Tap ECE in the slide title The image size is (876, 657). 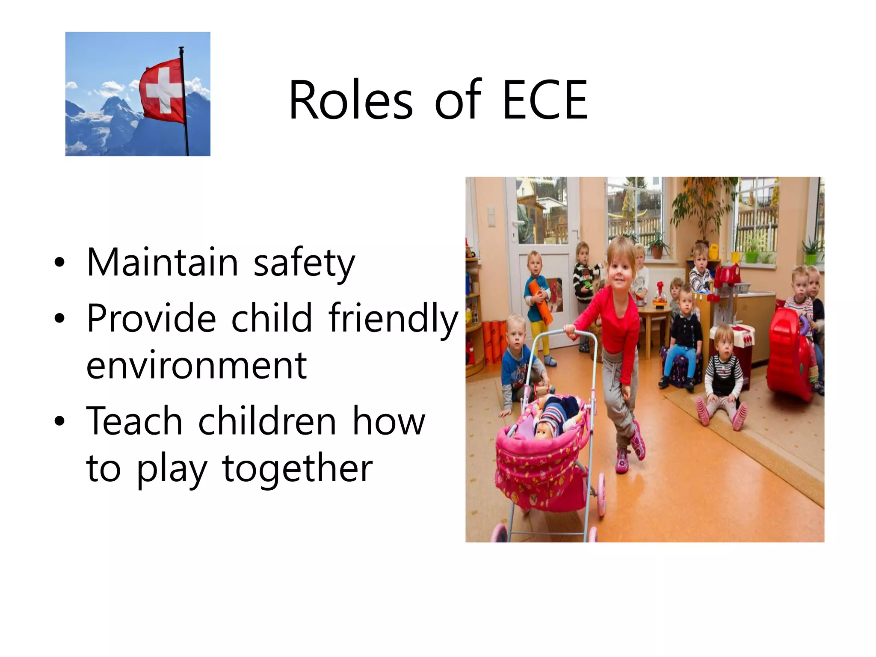(x=545, y=101)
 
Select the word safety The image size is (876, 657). (x=304, y=263)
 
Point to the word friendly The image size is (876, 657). (x=393, y=318)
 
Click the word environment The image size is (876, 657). (x=196, y=366)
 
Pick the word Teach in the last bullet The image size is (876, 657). (x=135, y=421)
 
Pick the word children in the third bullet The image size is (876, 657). (x=267, y=421)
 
